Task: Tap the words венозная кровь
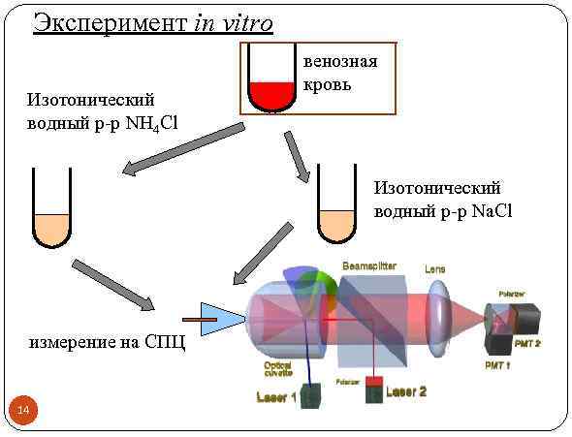click(339, 73)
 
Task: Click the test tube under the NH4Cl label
click(50, 208)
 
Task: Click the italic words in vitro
click(234, 22)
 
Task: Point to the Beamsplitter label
click(367, 265)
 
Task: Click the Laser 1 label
click(276, 397)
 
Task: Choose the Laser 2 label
click(406, 391)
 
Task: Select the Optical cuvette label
click(278, 372)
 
